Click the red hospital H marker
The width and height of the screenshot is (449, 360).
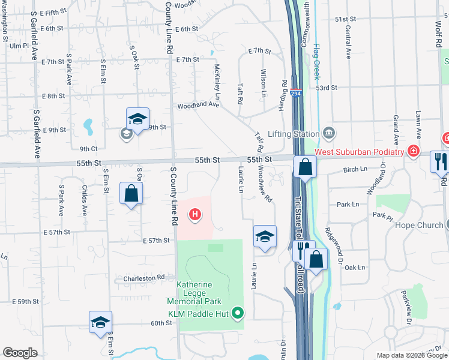(x=194, y=214)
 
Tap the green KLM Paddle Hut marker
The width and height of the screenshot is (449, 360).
(x=238, y=312)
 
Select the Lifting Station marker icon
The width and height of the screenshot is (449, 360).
(x=328, y=133)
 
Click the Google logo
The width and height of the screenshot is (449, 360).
(x=20, y=353)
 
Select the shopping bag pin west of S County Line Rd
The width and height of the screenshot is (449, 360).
(x=131, y=193)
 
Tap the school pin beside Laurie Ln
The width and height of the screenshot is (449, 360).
(x=264, y=236)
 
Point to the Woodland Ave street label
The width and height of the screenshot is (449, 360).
(x=197, y=105)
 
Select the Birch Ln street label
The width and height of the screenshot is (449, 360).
(x=355, y=170)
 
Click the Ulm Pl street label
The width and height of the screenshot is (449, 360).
(x=19, y=46)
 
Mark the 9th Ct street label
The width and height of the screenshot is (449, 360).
(x=88, y=149)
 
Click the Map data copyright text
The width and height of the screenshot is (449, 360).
(x=412, y=355)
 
